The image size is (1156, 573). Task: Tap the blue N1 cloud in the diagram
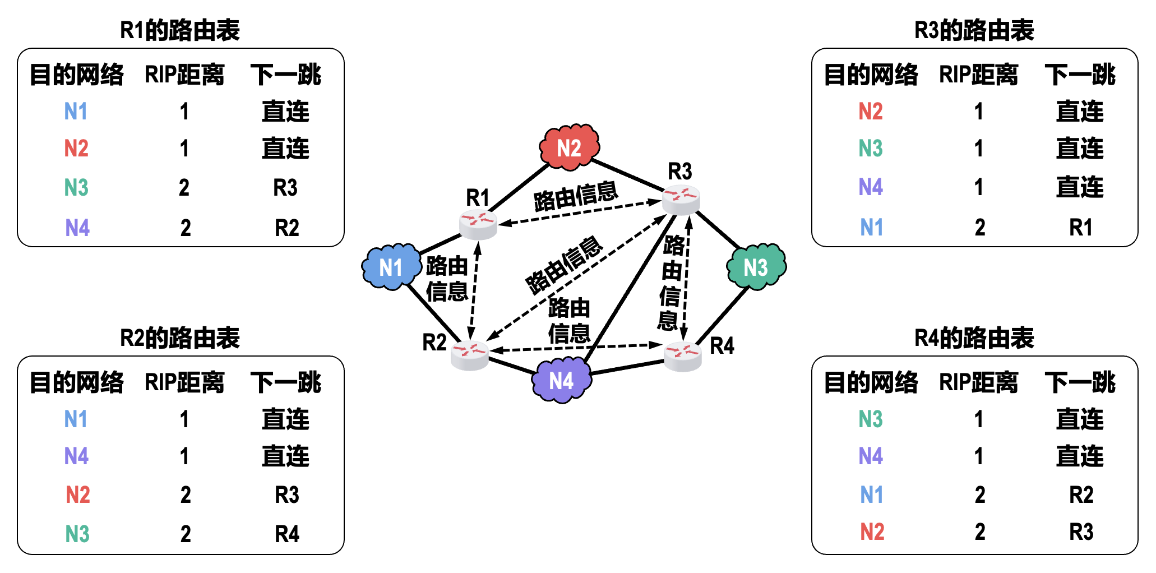click(x=391, y=267)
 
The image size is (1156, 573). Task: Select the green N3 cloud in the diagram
click(x=756, y=267)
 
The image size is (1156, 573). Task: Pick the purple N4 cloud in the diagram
click(x=561, y=381)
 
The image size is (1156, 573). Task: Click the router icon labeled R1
click(x=478, y=224)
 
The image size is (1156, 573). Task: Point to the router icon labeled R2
click(x=470, y=355)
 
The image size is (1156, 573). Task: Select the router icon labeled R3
click(x=681, y=200)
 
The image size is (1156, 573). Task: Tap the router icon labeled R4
click(x=683, y=355)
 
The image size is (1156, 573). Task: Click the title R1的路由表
click(x=180, y=30)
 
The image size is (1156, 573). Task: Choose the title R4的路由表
click(x=974, y=338)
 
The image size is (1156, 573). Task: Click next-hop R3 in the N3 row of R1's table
click(x=285, y=188)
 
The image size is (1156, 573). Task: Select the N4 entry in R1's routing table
click(x=77, y=228)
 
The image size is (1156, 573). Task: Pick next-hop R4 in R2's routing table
click(x=287, y=534)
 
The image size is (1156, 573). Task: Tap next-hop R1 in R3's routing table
click(x=1081, y=228)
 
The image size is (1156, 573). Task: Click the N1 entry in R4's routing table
click(x=872, y=495)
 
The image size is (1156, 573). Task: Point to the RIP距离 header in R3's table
click(x=978, y=75)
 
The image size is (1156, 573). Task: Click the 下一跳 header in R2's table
click(x=286, y=382)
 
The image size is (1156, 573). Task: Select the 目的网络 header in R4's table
click(x=871, y=382)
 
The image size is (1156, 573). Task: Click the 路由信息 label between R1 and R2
click(x=447, y=278)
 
